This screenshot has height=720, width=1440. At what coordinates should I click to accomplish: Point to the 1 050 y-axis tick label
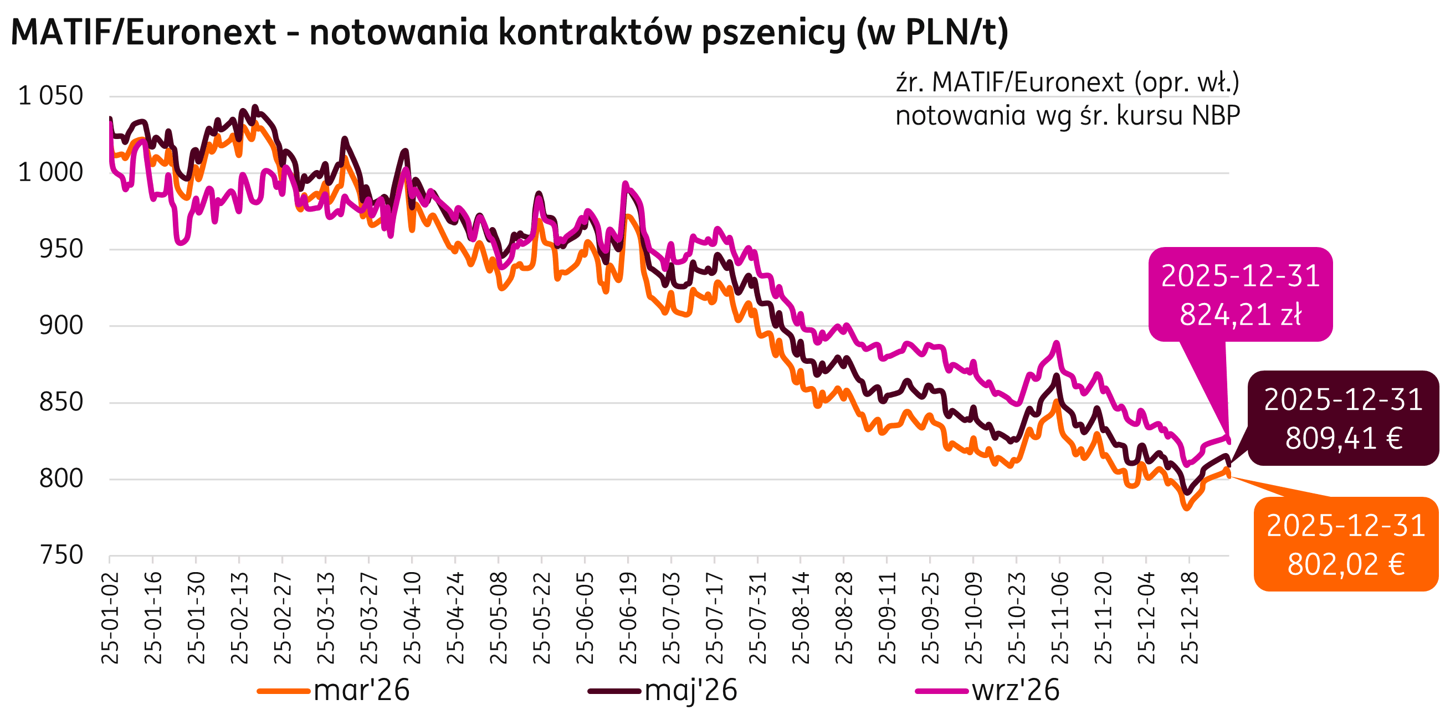(51, 96)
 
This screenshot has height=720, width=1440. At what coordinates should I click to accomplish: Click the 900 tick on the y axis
(61, 326)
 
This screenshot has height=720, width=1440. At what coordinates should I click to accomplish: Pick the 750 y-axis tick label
(61, 556)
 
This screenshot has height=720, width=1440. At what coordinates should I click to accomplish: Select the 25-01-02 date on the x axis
(111, 618)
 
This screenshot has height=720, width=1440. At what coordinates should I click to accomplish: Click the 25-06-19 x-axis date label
(629, 618)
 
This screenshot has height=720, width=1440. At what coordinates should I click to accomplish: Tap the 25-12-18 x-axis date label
(1190, 618)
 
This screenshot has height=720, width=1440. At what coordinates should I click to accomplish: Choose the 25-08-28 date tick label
(844, 618)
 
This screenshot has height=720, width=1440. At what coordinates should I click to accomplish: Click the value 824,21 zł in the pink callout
(1241, 315)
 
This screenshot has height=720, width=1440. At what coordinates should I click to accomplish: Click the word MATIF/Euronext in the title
(144, 33)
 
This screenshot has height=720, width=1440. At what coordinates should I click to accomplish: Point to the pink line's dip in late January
(180, 243)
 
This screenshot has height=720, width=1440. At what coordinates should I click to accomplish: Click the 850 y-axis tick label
(61, 403)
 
